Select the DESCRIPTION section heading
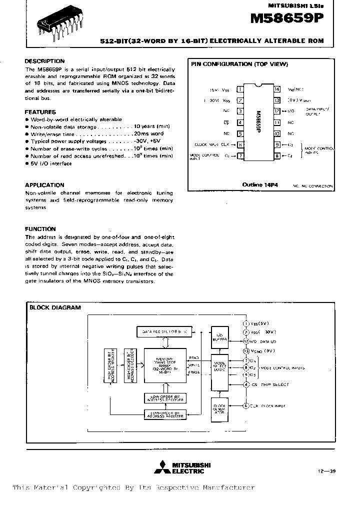click(44, 61)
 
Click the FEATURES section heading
click(40, 112)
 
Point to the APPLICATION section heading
click(44, 185)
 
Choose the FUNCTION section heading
click(40, 229)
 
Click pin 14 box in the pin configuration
click(277, 89)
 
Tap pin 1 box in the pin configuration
click(240, 89)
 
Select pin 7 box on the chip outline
click(240, 156)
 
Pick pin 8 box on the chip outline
click(277, 156)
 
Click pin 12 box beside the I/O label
click(277, 111)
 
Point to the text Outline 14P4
click(260, 185)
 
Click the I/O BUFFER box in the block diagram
click(218, 335)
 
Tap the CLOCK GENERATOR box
click(219, 409)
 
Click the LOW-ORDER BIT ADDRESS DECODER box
click(164, 398)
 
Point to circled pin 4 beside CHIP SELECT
click(246, 384)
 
